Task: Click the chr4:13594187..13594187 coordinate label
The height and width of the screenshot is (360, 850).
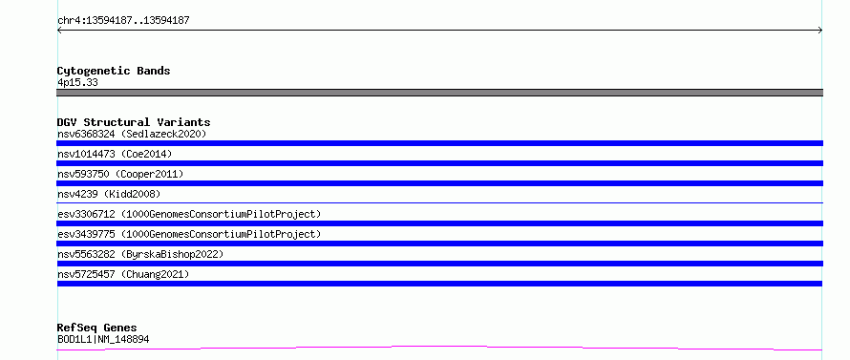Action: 123,21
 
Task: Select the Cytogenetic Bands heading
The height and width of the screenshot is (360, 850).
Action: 114,71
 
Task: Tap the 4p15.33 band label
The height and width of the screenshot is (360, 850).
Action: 77,83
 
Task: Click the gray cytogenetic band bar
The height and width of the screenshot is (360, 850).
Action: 439,93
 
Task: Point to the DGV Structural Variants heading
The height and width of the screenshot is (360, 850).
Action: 134,122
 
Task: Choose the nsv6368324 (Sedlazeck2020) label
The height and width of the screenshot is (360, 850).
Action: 132,134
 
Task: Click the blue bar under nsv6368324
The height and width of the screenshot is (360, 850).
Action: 439,143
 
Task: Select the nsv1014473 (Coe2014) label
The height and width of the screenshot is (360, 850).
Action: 115,154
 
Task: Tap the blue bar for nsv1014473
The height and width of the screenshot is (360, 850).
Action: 439,163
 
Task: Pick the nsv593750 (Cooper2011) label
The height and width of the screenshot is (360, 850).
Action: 120,174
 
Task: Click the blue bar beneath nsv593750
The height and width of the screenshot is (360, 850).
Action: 439,183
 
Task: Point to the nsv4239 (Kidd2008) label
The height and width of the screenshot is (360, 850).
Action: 109,194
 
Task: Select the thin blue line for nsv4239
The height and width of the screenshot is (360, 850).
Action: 439,202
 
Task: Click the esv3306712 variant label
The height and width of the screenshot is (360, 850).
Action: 189,214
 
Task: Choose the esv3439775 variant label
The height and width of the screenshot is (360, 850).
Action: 189,234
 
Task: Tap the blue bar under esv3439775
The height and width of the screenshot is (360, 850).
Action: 439,244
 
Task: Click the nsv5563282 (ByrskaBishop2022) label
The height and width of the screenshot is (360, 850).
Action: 140,254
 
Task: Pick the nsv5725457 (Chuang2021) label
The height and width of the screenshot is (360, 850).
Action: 123,274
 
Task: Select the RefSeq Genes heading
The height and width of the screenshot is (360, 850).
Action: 97,328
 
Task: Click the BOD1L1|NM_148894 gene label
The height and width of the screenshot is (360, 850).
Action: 103,340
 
